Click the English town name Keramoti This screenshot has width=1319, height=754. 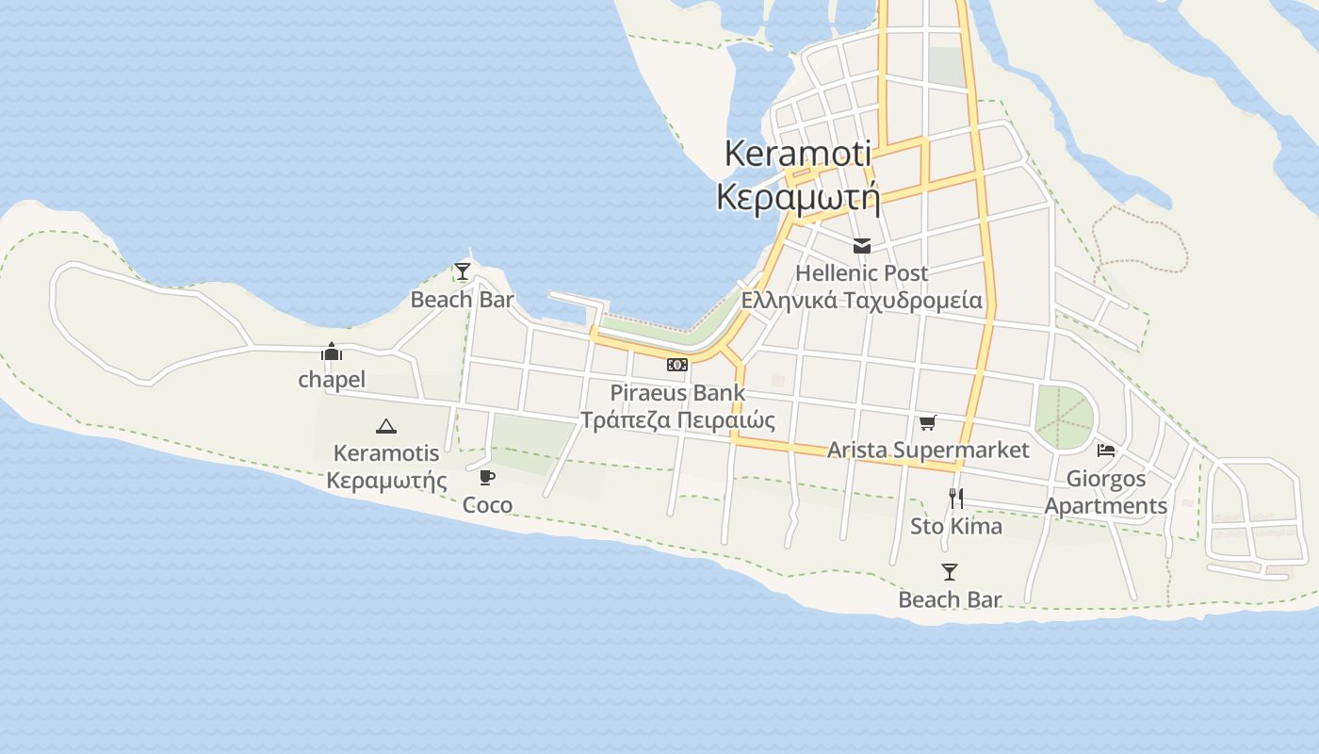[x=798, y=154]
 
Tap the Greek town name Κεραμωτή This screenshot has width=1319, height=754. [x=798, y=198]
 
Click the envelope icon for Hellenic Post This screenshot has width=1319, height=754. [x=861, y=246]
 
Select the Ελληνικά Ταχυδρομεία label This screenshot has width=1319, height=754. [x=861, y=301]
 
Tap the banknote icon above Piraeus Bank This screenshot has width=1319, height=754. [x=677, y=365]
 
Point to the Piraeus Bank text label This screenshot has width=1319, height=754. [x=677, y=392]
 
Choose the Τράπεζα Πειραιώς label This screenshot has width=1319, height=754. [x=677, y=419]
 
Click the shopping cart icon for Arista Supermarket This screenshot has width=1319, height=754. [x=928, y=422]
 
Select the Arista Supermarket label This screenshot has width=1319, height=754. [x=928, y=450]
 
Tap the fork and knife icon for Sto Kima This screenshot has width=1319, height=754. [x=955, y=498]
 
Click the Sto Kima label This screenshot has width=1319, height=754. [x=955, y=526]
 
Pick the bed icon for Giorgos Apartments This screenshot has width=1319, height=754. [x=1106, y=451]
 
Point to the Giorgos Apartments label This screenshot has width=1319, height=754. [x=1106, y=492]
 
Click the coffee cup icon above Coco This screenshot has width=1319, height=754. [x=487, y=477]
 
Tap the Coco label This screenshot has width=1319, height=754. [x=487, y=505]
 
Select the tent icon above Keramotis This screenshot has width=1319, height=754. [x=386, y=426]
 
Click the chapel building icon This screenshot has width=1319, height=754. [x=332, y=352]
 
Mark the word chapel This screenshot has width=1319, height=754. [x=332, y=380]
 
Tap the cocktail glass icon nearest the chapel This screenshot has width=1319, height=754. [x=463, y=271]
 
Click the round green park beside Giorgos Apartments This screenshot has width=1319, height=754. [x=1065, y=417]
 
